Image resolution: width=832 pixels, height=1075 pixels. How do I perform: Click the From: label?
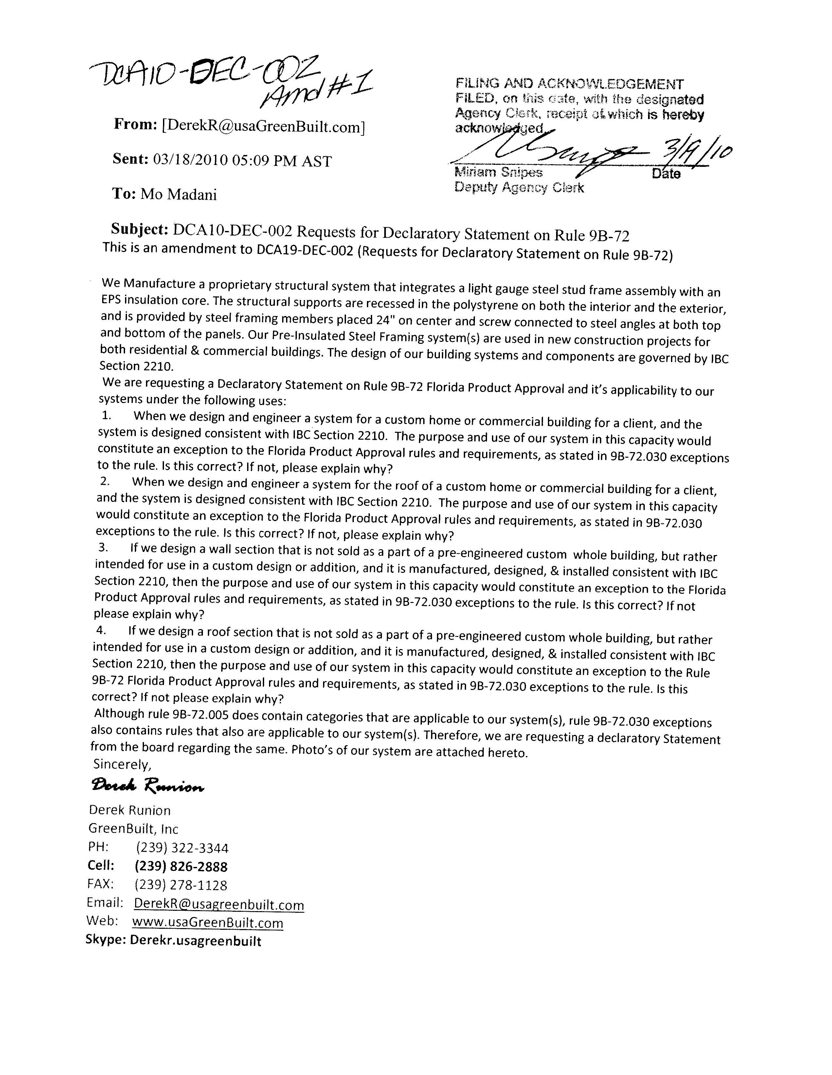(x=136, y=125)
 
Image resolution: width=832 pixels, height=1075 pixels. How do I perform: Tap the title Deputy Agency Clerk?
(x=519, y=187)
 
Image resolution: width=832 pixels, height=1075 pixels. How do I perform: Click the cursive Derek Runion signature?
(x=148, y=786)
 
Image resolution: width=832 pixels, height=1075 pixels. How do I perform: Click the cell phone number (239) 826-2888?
(x=181, y=866)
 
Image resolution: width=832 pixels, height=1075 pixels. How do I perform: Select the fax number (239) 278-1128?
(x=181, y=885)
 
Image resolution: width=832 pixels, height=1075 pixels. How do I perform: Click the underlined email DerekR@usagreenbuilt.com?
(x=219, y=904)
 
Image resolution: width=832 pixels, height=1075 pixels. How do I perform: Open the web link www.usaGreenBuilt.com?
(x=208, y=923)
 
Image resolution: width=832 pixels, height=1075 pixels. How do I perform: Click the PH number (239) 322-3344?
(x=182, y=848)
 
